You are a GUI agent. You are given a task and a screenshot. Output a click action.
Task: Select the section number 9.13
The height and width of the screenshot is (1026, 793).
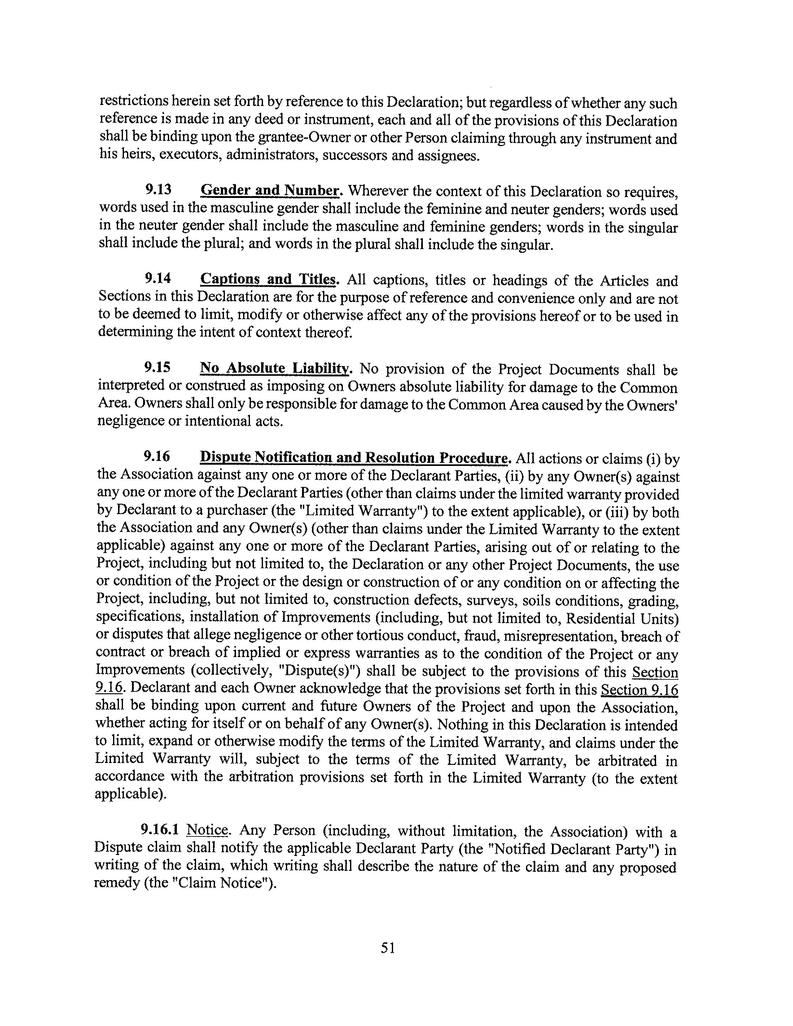(x=158, y=190)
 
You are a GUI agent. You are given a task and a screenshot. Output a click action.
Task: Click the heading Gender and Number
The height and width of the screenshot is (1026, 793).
(x=270, y=190)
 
